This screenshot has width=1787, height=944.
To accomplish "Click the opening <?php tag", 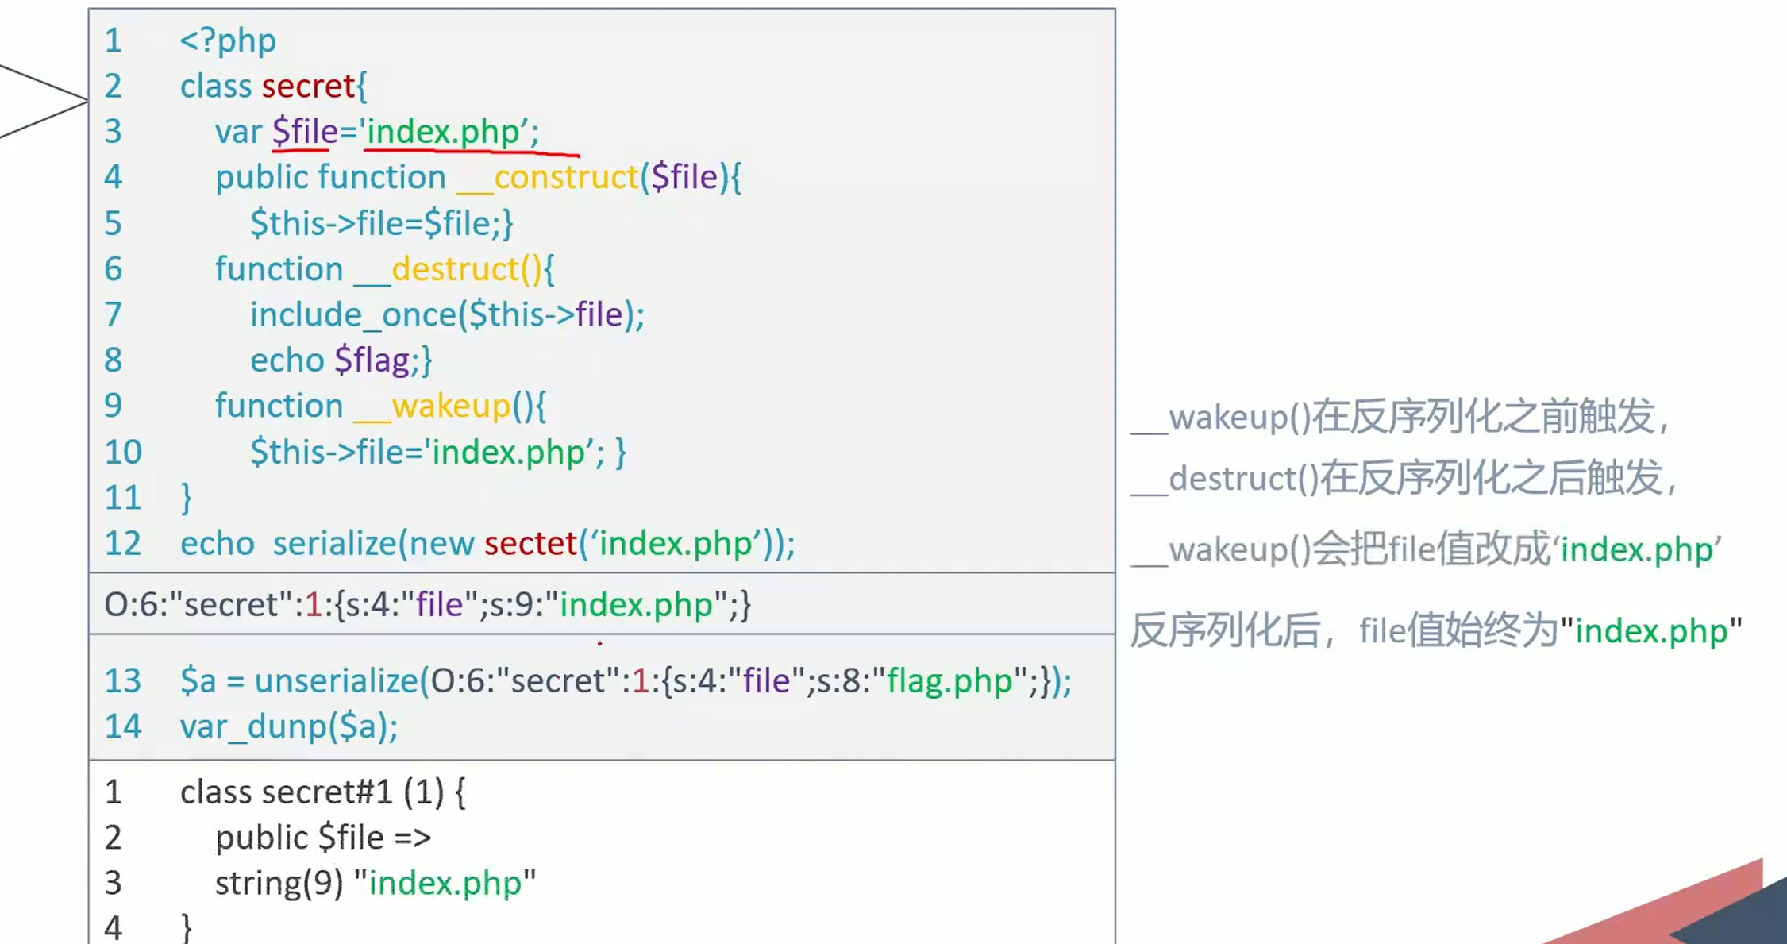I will (x=228, y=40).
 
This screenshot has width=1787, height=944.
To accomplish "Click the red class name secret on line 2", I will (x=308, y=87).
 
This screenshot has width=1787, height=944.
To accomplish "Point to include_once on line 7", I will (x=352, y=315).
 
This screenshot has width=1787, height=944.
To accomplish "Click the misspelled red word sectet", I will (x=530, y=544).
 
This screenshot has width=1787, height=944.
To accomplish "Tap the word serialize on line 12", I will (x=333, y=544).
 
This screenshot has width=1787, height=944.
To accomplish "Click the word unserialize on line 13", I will (x=336, y=681).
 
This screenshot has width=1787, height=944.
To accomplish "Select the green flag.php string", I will (x=949, y=681).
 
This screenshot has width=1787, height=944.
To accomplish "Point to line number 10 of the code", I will (x=123, y=453).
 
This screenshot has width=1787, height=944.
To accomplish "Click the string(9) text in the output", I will (x=279, y=883).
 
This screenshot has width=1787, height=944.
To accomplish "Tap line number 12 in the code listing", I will (x=123, y=544).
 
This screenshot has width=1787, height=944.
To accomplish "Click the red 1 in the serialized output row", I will (x=314, y=605).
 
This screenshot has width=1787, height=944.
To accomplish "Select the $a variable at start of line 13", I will (x=198, y=681).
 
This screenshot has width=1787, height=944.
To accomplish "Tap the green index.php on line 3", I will (x=442, y=132).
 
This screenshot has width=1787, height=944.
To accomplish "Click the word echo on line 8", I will (x=287, y=360).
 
